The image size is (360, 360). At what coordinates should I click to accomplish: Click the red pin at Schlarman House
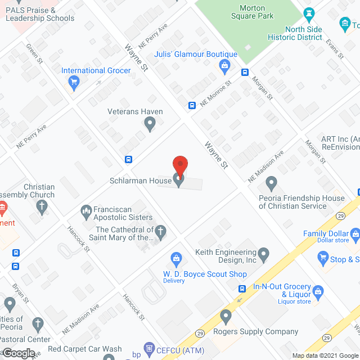point(179,165)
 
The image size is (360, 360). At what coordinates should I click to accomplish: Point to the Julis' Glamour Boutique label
point(196,55)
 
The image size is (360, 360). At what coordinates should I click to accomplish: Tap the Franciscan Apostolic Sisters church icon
point(86,211)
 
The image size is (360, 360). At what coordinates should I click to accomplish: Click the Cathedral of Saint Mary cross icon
point(160,232)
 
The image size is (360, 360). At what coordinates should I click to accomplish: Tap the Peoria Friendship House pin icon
point(272,182)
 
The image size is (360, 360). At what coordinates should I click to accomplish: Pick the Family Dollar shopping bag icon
point(355,233)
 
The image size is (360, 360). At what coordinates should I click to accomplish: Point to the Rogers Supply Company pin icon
point(226,316)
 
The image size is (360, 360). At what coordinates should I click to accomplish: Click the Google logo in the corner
point(19,353)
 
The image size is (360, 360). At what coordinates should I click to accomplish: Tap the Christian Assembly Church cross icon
point(41,207)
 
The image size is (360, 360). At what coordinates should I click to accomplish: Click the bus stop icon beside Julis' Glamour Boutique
point(245,72)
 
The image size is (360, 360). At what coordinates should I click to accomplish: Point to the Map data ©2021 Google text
point(325,355)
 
